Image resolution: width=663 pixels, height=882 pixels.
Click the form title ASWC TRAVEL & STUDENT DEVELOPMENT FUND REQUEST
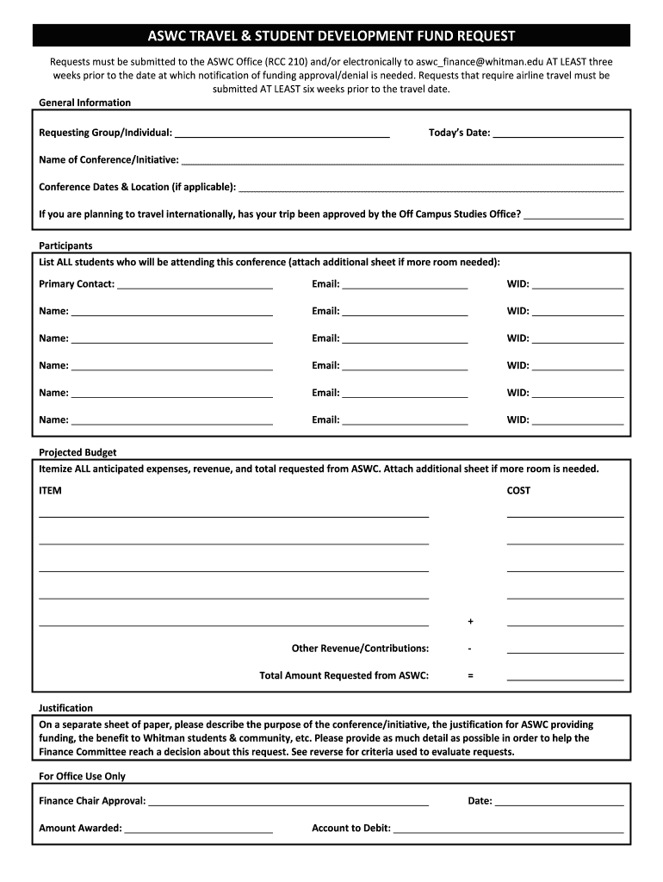click(x=331, y=35)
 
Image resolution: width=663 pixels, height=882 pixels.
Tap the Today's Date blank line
click(x=558, y=134)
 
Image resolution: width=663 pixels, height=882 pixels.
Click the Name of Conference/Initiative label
click(x=108, y=160)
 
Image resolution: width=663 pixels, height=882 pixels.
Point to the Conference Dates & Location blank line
click(x=431, y=187)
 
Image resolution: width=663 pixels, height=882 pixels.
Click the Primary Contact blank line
click(x=195, y=284)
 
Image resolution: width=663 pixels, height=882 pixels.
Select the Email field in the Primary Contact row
click(x=405, y=284)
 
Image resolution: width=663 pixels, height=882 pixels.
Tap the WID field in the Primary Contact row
click(x=578, y=284)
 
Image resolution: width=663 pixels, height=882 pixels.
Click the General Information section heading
click(x=85, y=103)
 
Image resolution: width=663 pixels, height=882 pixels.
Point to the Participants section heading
click(x=65, y=246)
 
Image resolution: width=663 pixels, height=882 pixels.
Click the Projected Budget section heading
click(x=77, y=453)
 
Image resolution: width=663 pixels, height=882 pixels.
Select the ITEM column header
click(x=50, y=491)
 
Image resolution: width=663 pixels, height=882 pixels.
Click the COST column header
click(x=518, y=491)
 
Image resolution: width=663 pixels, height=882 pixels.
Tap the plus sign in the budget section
click(x=470, y=622)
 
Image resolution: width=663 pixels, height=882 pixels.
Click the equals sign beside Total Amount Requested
click(x=470, y=676)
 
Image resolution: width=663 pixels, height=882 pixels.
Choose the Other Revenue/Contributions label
click(x=360, y=649)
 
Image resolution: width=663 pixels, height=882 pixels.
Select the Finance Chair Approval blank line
click(x=288, y=802)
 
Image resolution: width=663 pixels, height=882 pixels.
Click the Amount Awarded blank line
click(x=199, y=829)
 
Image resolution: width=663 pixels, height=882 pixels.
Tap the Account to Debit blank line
click(x=508, y=829)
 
